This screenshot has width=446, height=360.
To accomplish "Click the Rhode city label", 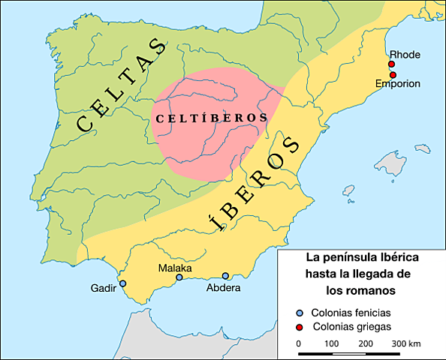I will pyautogui.click(x=405, y=55).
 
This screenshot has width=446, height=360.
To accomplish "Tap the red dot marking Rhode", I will pyautogui.click(x=392, y=65).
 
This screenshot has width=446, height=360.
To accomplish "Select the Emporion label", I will pyautogui.click(x=398, y=83).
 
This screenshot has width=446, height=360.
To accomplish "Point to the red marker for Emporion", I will pyautogui.click(x=393, y=74).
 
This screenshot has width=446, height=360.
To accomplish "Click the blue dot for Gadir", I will pyautogui.click(x=123, y=283).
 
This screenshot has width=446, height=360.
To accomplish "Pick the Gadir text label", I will pyautogui.click(x=104, y=289).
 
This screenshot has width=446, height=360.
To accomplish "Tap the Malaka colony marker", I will pyautogui.click(x=179, y=277).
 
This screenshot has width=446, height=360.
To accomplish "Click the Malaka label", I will pyautogui.click(x=175, y=268).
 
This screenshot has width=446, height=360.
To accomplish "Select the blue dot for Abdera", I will pyautogui.click(x=225, y=276).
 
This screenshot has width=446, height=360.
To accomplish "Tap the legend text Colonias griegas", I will pyautogui.click(x=351, y=327).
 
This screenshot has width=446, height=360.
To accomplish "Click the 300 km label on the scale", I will pyautogui.click(x=406, y=343).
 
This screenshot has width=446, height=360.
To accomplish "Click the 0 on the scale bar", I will pyautogui.click(x=299, y=343).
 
